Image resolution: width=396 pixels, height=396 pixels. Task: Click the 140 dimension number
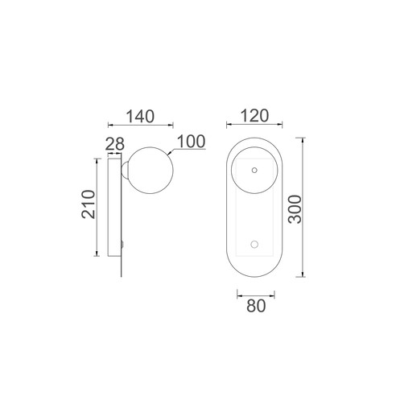coord(140,117)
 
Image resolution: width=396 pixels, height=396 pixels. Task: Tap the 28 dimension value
coord(115,144)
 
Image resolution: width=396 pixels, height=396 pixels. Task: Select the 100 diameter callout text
coord(192,142)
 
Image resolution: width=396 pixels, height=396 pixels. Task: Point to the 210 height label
coord(89,204)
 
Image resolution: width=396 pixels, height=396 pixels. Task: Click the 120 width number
coord(254,116)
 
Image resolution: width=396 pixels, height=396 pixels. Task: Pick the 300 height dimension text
coord(295,209)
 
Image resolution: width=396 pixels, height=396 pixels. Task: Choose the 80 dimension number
coord(256,306)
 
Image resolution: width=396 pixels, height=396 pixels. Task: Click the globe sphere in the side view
coord(151,171)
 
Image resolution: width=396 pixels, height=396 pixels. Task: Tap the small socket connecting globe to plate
coord(125,170)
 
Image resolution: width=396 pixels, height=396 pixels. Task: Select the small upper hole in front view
coord(254,170)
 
